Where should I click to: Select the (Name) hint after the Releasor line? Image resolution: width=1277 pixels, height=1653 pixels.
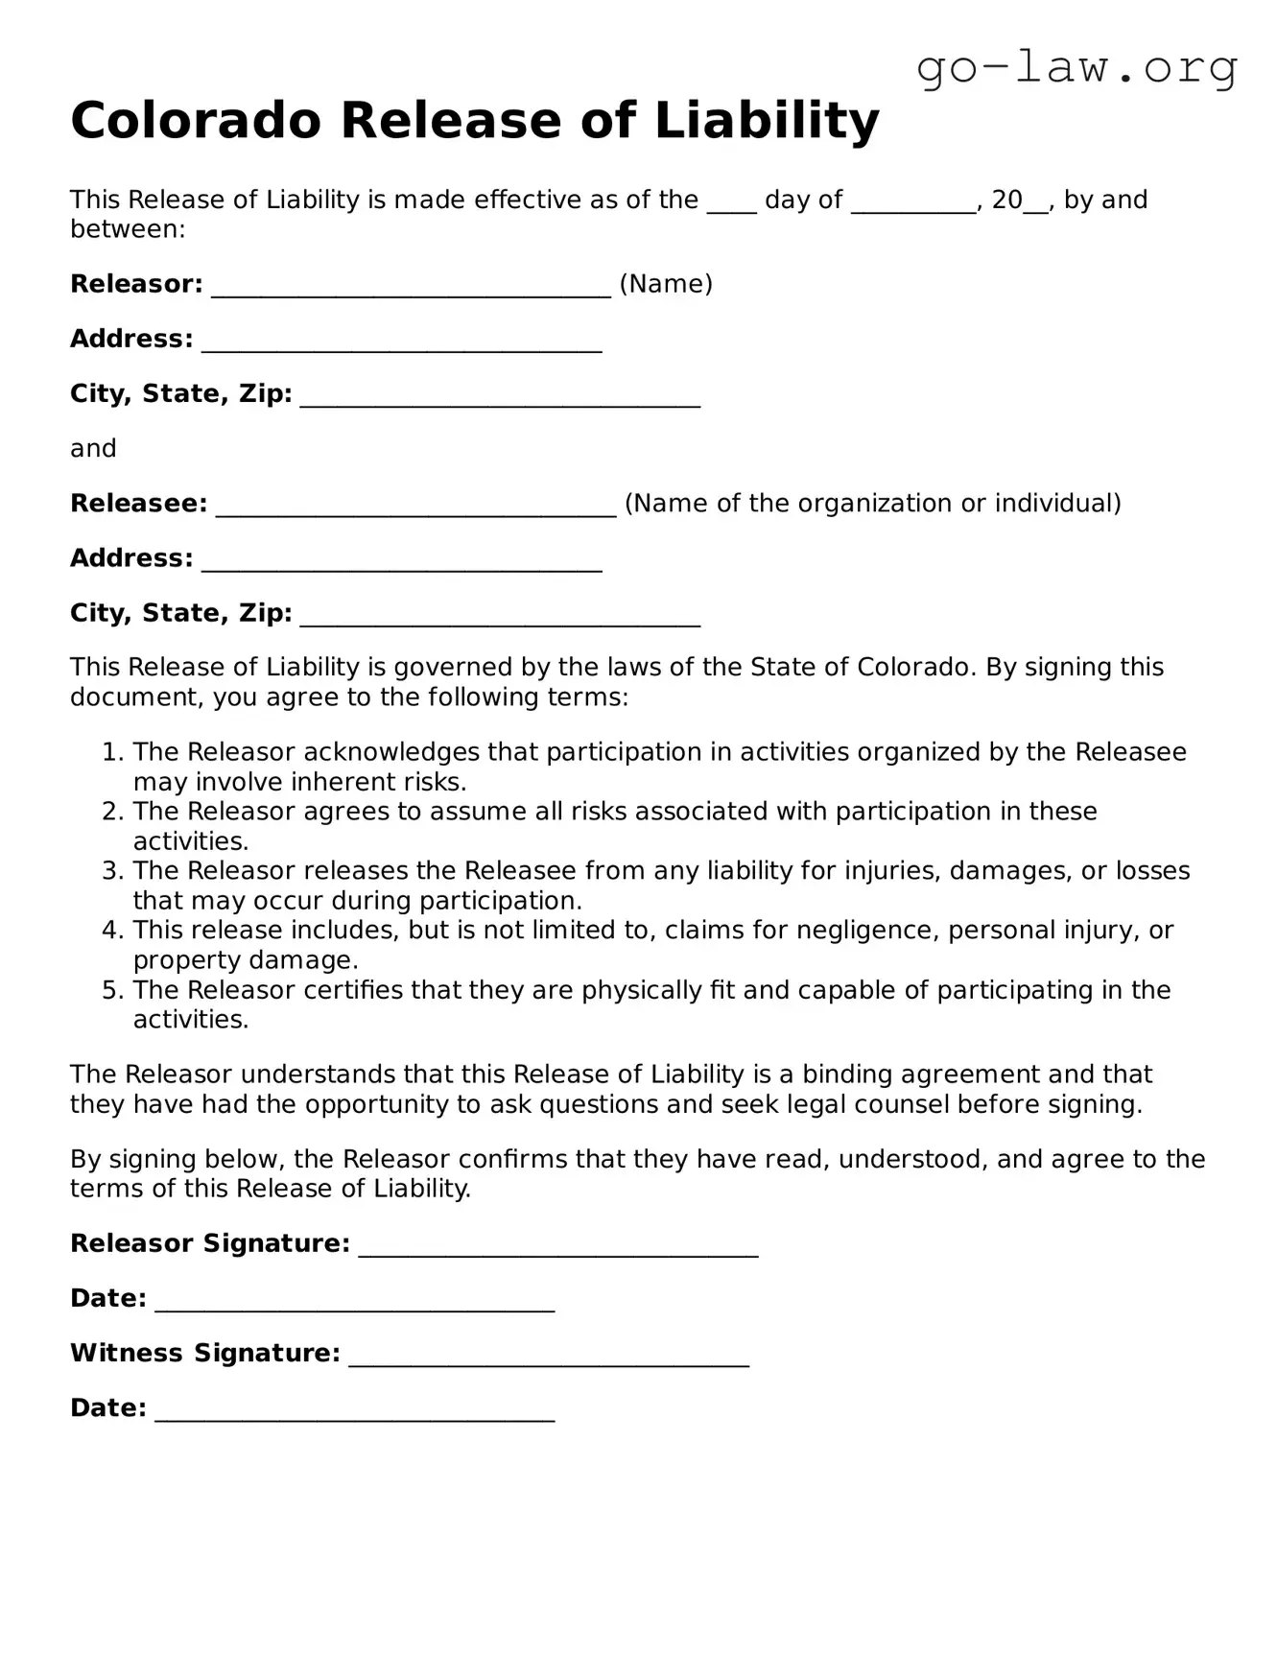[x=666, y=284]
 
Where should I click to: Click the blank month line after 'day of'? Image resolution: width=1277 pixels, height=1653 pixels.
[x=913, y=203]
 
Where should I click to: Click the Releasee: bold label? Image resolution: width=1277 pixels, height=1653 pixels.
[x=138, y=504]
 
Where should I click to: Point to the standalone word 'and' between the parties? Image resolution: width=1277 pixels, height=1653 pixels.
[x=93, y=449]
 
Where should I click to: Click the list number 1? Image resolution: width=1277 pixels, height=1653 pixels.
[x=113, y=752]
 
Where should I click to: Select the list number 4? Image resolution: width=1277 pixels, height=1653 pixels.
[x=113, y=931]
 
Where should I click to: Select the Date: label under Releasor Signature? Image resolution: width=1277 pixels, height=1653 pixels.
[x=107, y=1299]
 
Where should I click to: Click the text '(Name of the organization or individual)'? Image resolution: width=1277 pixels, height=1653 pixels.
[x=872, y=504]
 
